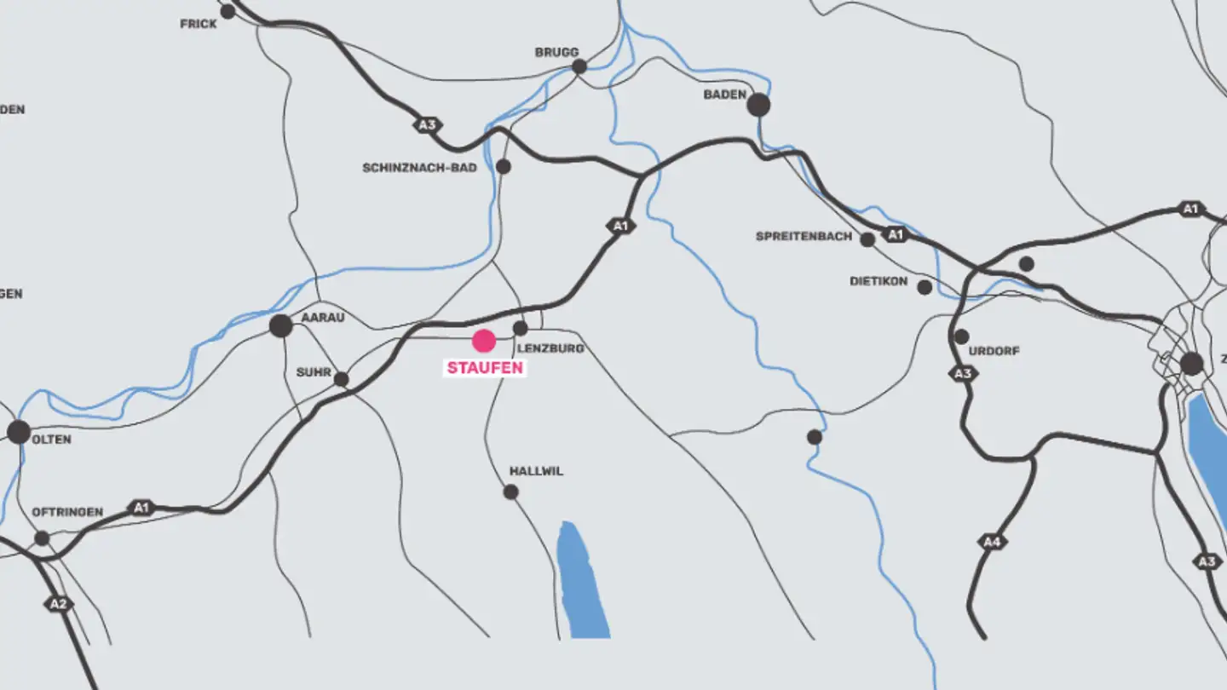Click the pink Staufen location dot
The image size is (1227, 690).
[484, 341]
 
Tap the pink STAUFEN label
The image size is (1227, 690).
[484, 369]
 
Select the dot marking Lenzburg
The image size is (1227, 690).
[521, 328]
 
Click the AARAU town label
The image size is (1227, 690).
[323, 317]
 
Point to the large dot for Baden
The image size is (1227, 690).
[758, 105]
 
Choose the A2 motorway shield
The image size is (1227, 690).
[57, 604]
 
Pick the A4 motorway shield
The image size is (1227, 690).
[991, 542]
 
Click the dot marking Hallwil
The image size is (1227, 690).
[510, 492]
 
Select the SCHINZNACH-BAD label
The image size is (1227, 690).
[419, 168]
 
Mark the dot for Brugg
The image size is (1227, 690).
[579, 66]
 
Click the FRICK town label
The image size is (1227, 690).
[199, 24]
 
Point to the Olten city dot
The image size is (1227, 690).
[19, 431]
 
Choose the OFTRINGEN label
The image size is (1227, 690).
[67, 512]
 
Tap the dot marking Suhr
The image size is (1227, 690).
[341, 379]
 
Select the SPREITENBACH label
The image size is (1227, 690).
[804, 236]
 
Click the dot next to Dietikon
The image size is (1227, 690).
[925, 287]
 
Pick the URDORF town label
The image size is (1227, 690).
[994, 351]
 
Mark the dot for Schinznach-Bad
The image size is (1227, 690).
[504, 166]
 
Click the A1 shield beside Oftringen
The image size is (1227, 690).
[141, 508]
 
